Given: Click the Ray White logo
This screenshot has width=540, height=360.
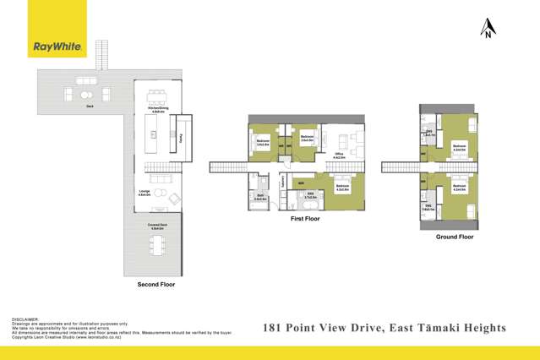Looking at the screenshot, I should point(57,47).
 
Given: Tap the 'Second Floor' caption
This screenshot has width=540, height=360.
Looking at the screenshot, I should point(155,285).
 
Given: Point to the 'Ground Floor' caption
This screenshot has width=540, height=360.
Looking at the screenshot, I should point(455,237).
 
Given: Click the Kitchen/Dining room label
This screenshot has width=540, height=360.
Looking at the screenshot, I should point(157,110).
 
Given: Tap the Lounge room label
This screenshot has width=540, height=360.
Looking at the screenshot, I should point(145,193).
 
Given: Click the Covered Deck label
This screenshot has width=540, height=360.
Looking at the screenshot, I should point(156,226).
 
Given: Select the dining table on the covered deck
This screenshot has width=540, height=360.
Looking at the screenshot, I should point(157,245).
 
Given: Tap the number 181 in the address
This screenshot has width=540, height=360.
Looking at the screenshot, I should point(273,327).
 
